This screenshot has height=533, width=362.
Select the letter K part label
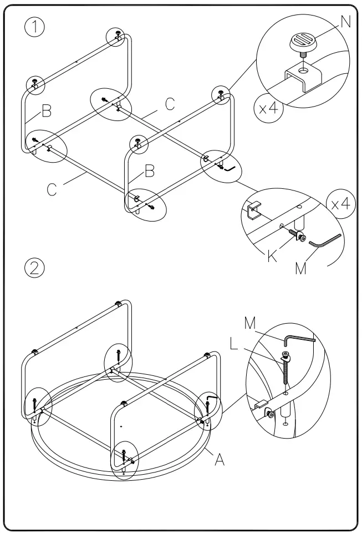(x=272, y=256)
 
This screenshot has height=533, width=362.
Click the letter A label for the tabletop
(x=220, y=460)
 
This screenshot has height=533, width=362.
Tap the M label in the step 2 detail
(x=251, y=324)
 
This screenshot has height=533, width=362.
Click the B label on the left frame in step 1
(x=47, y=112)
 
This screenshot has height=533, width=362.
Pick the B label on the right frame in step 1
(x=149, y=171)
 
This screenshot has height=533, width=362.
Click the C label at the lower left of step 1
(x=52, y=189)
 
